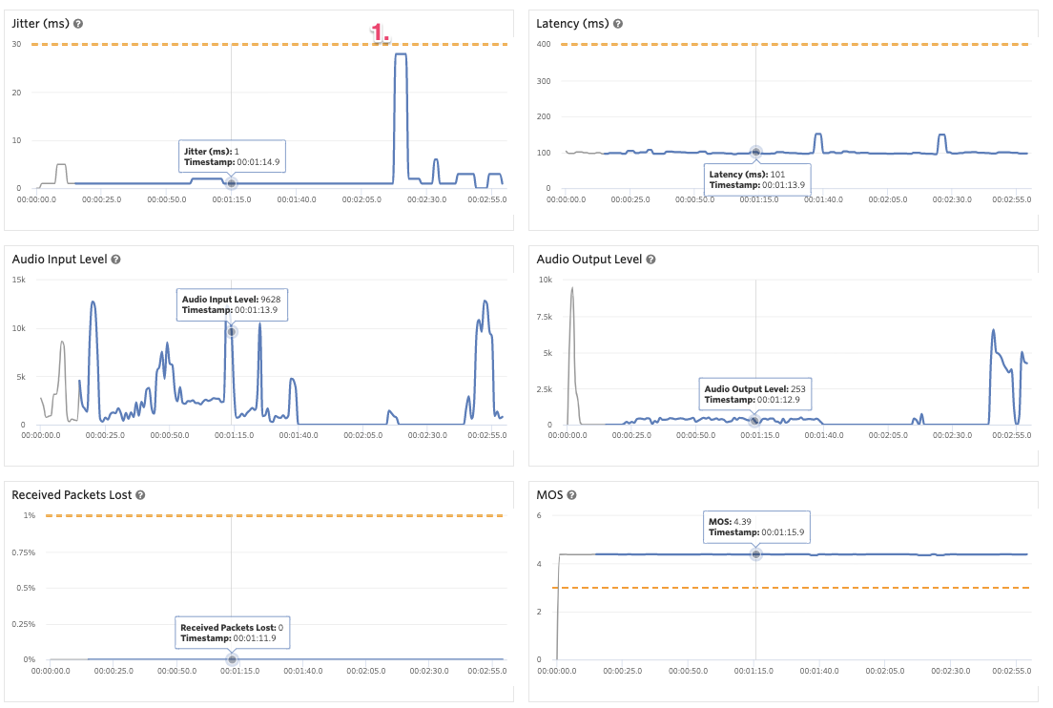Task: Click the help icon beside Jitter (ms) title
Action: click(x=78, y=23)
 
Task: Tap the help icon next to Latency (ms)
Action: click(x=618, y=23)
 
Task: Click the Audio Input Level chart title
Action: click(x=59, y=260)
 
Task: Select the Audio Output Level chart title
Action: click(x=588, y=260)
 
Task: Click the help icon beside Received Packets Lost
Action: click(x=140, y=495)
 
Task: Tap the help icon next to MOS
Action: click(x=572, y=495)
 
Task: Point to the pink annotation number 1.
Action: click(x=381, y=32)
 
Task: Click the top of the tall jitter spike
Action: click(x=401, y=54)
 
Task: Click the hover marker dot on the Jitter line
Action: click(x=231, y=183)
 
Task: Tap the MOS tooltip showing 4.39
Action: click(x=757, y=527)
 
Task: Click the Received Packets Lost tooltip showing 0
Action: click(x=231, y=632)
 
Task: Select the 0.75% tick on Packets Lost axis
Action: click(x=23, y=552)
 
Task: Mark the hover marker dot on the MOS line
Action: click(x=755, y=554)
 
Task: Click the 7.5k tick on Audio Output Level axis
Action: click(x=545, y=316)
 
